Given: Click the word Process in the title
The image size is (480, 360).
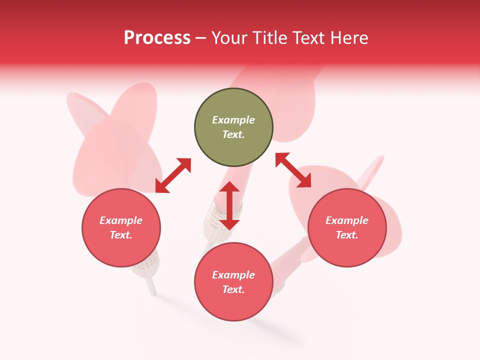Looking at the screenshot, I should coord(157,38).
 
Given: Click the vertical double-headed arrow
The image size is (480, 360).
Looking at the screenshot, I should coord(229,205).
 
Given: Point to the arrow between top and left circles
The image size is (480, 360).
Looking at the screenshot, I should coord(173,175).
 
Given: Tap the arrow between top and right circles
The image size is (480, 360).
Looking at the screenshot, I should coord(293,170).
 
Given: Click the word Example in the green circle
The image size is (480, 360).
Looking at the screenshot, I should coord(233,120).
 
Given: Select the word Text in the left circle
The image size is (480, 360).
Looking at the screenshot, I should coord(121,235).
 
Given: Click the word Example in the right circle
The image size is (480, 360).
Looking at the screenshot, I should coord(347,220).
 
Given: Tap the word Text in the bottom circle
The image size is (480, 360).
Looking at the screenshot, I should coord(233,289).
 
